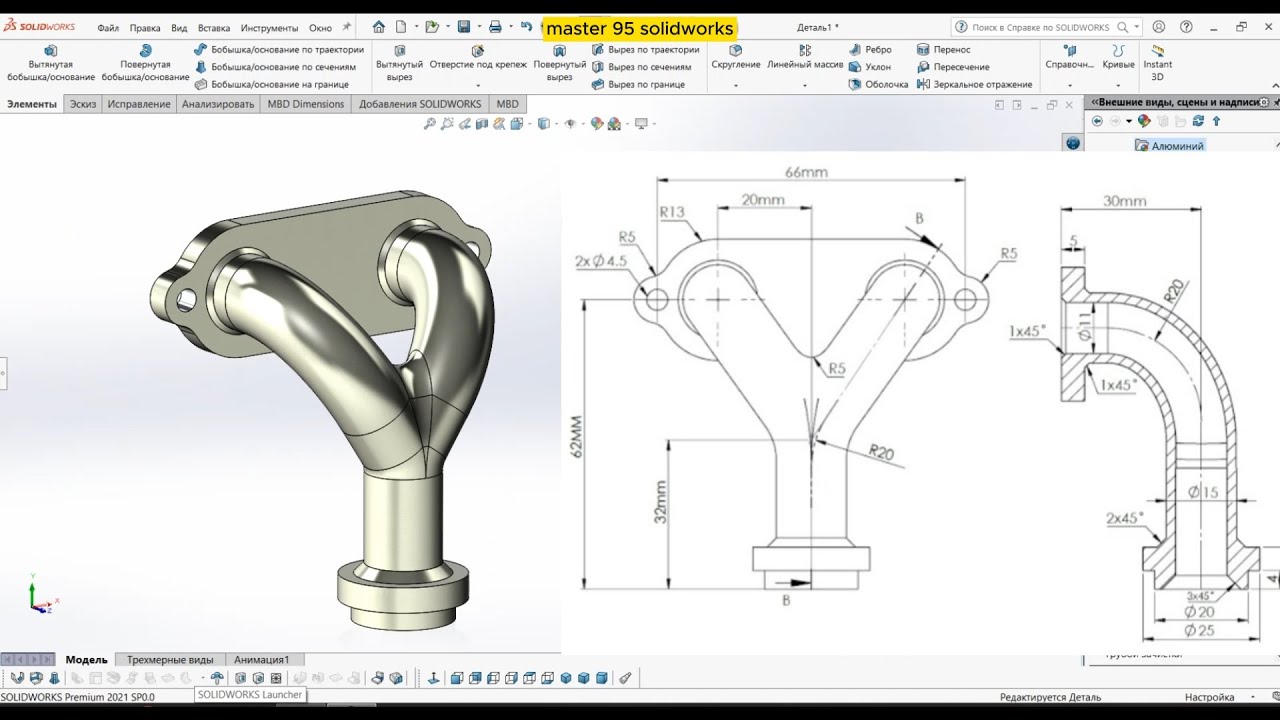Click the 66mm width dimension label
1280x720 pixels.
[806, 172]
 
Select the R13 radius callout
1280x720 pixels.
[672, 212]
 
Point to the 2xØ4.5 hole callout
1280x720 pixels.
[600, 261]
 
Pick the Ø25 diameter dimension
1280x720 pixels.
[1199, 632]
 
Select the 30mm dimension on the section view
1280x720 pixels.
[1125, 201]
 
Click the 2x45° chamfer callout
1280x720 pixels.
[1125, 519]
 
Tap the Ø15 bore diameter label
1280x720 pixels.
[1203, 492]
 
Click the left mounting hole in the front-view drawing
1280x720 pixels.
[657, 299]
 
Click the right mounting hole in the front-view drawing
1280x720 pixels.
[965, 299]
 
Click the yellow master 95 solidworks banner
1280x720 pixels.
[639, 29]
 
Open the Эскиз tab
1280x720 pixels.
[83, 104]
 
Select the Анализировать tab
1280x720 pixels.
[218, 104]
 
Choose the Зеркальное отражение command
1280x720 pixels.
[982, 85]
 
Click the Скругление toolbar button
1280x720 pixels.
[736, 57]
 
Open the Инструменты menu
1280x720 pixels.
[270, 28]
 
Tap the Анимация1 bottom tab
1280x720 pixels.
[261, 660]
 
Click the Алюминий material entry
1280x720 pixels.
[1177, 146]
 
